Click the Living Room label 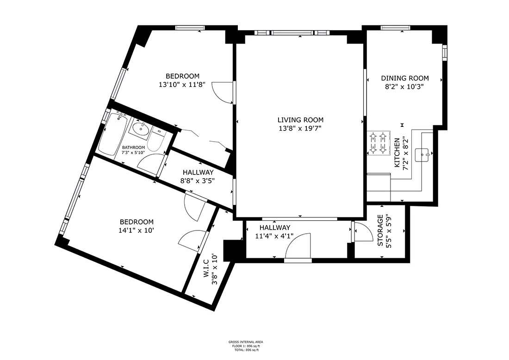(x=300, y=120)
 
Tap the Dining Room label (x=405, y=78)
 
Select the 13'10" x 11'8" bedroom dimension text (x=182, y=85)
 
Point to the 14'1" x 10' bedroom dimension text (x=136, y=230)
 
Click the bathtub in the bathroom (x=112, y=134)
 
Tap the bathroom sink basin (x=140, y=129)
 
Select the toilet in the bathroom (x=156, y=142)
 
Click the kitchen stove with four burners (x=379, y=143)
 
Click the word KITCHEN (x=397, y=153)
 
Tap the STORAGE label (x=380, y=230)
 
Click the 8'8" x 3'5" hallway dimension (x=198, y=180)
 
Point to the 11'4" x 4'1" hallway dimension (x=274, y=236)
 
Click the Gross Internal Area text (x=246, y=342)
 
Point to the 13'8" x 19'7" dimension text (x=300, y=128)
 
